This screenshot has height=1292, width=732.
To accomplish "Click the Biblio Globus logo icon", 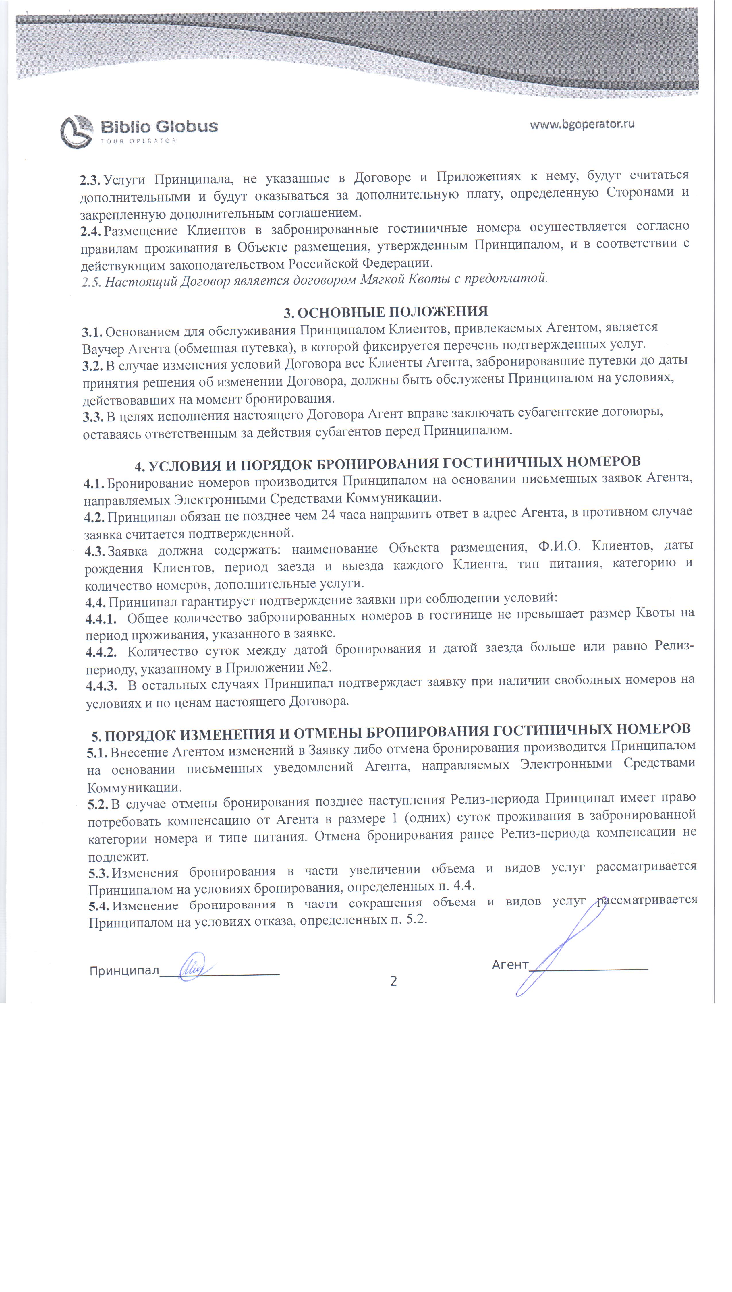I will click(76, 132).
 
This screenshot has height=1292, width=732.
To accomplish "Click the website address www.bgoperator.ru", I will click(582, 124).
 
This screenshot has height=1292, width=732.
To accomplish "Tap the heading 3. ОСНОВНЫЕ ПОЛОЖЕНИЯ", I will click(386, 312).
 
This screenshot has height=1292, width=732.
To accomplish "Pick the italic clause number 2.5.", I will click(92, 283).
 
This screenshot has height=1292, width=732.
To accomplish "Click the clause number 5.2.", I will click(98, 804).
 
